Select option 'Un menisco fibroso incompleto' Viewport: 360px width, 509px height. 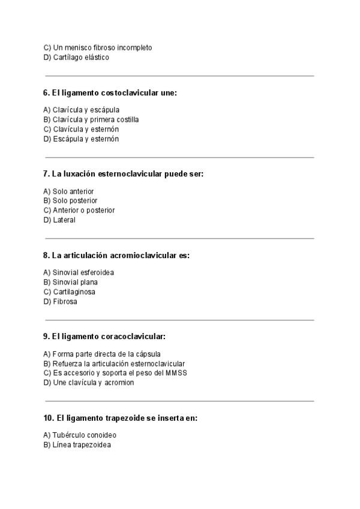click(x=98, y=47)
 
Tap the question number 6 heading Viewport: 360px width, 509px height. click(x=110, y=93)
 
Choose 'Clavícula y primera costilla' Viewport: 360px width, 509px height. click(x=91, y=119)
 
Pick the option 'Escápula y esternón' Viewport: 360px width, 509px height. click(x=81, y=139)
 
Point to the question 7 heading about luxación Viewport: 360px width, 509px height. click(x=123, y=174)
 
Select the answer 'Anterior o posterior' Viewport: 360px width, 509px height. click(x=79, y=211)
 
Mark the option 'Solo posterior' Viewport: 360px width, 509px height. click(x=71, y=200)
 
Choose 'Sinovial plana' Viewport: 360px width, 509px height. click(x=71, y=282)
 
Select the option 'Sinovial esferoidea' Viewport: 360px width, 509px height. click(x=79, y=273)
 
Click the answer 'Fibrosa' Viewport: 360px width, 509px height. click(x=60, y=301)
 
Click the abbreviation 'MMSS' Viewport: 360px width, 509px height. click(x=176, y=373)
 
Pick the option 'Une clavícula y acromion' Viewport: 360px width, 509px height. click(x=89, y=382)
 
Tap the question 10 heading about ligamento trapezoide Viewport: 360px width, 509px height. click(x=120, y=418)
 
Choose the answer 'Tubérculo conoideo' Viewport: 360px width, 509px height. click(x=80, y=435)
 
